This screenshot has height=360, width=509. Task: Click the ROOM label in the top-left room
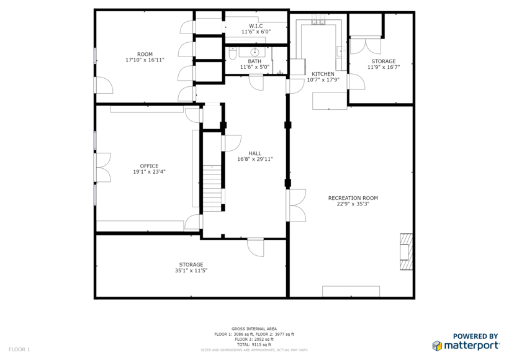pyautogui.click(x=145, y=54)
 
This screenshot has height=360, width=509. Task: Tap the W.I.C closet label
pyautogui.click(x=256, y=25)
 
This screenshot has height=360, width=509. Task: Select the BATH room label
pyautogui.click(x=254, y=61)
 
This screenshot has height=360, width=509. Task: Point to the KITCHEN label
pyautogui.click(x=323, y=74)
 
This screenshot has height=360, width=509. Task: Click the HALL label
pyautogui.click(x=254, y=153)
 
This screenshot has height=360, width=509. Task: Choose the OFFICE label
pyautogui.click(x=149, y=166)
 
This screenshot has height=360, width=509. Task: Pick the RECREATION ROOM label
pyautogui.click(x=353, y=198)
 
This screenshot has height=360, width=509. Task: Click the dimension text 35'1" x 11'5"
pyautogui.click(x=191, y=271)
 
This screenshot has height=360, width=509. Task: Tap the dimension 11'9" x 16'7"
pyautogui.click(x=383, y=67)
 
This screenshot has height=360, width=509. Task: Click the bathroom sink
pyautogui.click(x=254, y=52)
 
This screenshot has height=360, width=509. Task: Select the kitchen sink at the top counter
pyautogui.click(x=319, y=22)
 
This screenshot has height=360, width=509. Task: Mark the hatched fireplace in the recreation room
pyautogui.click(x=406, y=251)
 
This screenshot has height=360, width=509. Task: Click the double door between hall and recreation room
pyautogui.click(x=295, y=205)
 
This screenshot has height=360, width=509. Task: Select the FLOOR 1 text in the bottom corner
pyautogui.click(x=19, y=349)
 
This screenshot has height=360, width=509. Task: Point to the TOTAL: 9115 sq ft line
pyautogui.click(x=254, y=344)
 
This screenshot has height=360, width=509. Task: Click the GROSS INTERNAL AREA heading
pyautogui.click(x=254, y=329)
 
